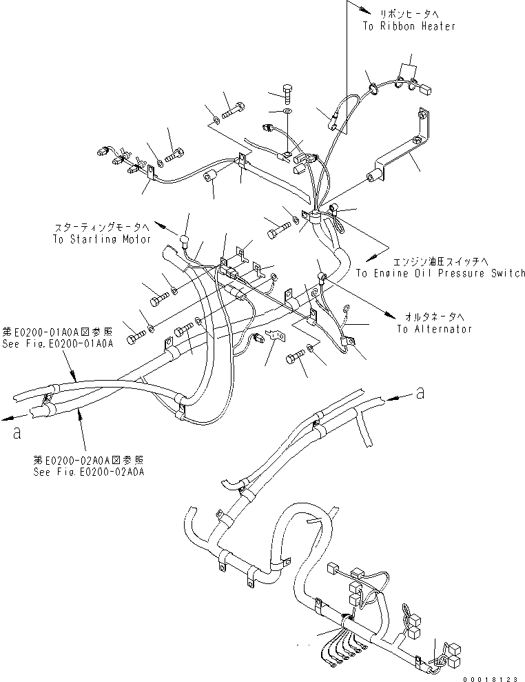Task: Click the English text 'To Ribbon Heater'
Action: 409,26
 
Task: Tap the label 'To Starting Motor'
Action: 101,239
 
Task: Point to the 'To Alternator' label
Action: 434,329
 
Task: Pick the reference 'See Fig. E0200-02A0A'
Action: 92,472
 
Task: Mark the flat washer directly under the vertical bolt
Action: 287,110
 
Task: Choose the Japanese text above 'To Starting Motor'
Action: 102,226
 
